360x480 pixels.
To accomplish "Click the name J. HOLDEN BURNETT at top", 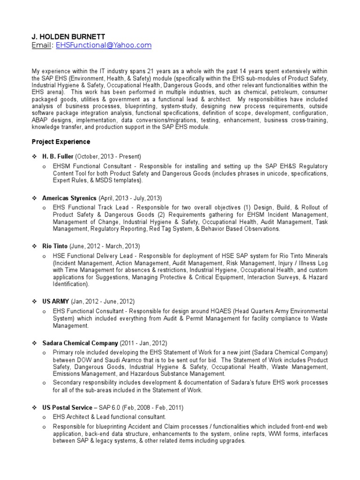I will (69, 36).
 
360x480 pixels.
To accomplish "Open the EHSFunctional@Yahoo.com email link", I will (104, 45).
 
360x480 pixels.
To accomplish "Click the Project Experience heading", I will (61, 142).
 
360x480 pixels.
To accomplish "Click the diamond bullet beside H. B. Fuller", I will (35, 157).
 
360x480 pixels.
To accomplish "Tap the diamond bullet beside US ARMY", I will (35, 301).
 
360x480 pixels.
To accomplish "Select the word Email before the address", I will (40, 45).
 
